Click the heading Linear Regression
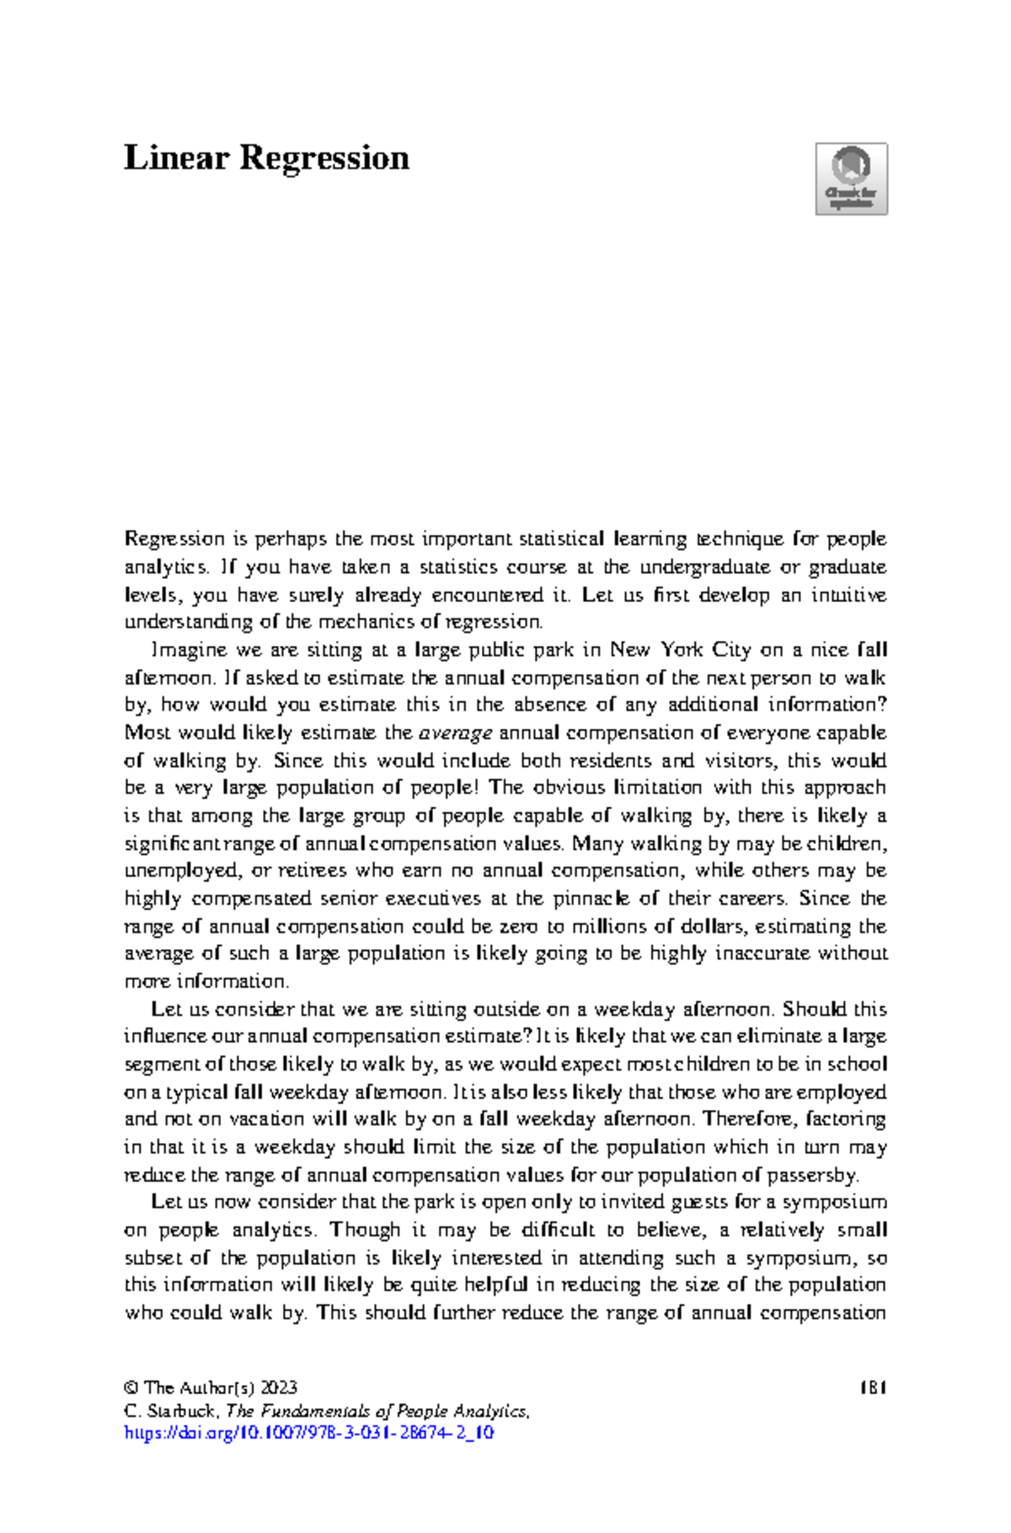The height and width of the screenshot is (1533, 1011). coord(266,158)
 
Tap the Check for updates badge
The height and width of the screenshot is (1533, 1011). coord(851,179)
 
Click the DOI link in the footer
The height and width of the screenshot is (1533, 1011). coord(308,1433)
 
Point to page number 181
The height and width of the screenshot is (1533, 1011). coord(873,1387)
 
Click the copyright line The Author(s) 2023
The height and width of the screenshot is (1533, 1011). coord(211,1387)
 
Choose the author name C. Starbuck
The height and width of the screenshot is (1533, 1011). coord(173,1411)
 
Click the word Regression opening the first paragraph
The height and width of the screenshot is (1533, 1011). coord(174,539)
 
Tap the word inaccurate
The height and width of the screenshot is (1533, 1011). coord(765,953)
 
